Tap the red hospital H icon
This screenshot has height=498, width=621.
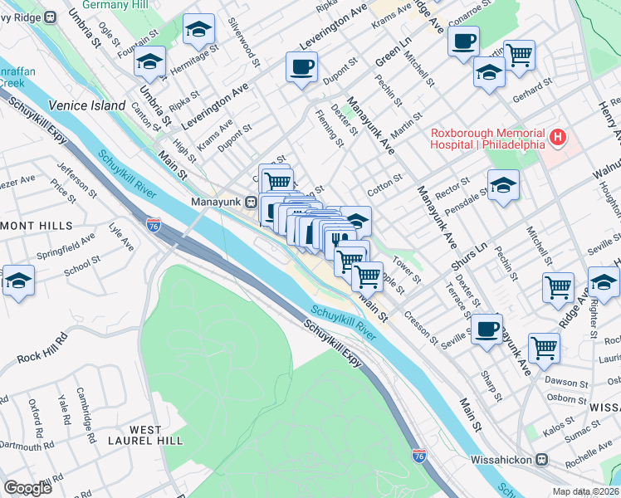(x=559, y=137)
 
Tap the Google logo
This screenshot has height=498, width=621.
(x=27, y=488)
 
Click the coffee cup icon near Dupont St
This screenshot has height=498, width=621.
(x=301, y=66)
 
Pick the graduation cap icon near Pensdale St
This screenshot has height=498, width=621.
(x=503, y=185)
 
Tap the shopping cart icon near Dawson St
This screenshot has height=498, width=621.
(x=544, y=346)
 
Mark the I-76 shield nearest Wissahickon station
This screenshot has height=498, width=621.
(x=419, y=455)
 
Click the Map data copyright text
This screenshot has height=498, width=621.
(x=586, y=491)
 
